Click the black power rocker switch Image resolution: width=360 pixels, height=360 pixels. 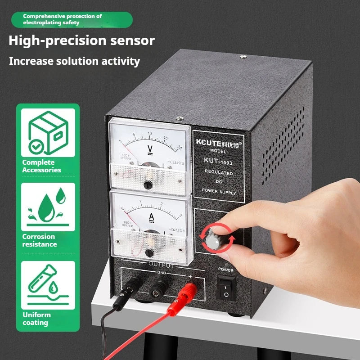225,288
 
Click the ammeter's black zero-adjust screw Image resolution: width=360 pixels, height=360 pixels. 149,252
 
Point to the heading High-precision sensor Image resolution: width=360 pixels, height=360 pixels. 81,40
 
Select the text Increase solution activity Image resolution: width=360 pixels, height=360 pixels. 75,61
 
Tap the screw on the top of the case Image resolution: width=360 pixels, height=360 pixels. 243,56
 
